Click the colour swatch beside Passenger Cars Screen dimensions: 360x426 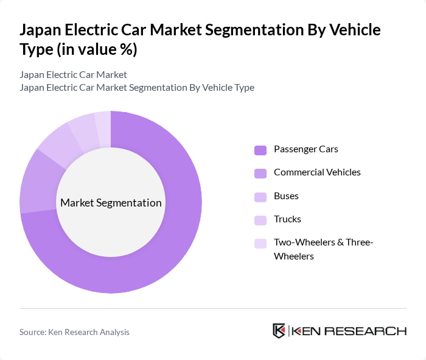pos(260,150)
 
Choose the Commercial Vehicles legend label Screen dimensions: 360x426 pos(317,172)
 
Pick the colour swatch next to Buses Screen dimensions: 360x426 pos(260,197)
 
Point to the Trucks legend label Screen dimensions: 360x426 pos(287,219)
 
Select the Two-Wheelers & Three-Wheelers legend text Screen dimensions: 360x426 pos(323,249)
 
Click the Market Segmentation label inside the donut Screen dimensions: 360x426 pos(111,203)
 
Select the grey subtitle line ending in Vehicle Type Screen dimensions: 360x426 pos(137,87)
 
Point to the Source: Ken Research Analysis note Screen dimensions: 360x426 pos(74,332)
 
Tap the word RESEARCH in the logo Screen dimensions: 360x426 pos(371,331)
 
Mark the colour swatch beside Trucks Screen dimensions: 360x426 pos(260,220)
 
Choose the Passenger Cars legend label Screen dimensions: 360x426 pos(306,149)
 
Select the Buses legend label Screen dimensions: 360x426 pos(286,196)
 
